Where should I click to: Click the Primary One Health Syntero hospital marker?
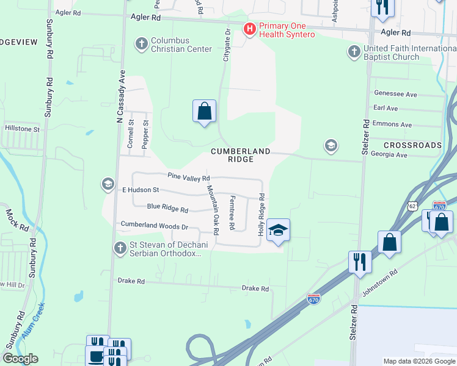click(x=249, y=29)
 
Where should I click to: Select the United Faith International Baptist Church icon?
click(x=354, y=51)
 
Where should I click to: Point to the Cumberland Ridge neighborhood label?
click(x=240, y=154)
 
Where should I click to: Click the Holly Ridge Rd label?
click(x=261, y=215)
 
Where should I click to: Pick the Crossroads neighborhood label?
click(x=412, y=145)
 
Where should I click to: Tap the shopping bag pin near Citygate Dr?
click(x=205, y=112)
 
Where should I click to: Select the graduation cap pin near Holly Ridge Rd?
click(x=278, y=231)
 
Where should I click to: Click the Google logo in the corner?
click(x=21, y=359)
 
